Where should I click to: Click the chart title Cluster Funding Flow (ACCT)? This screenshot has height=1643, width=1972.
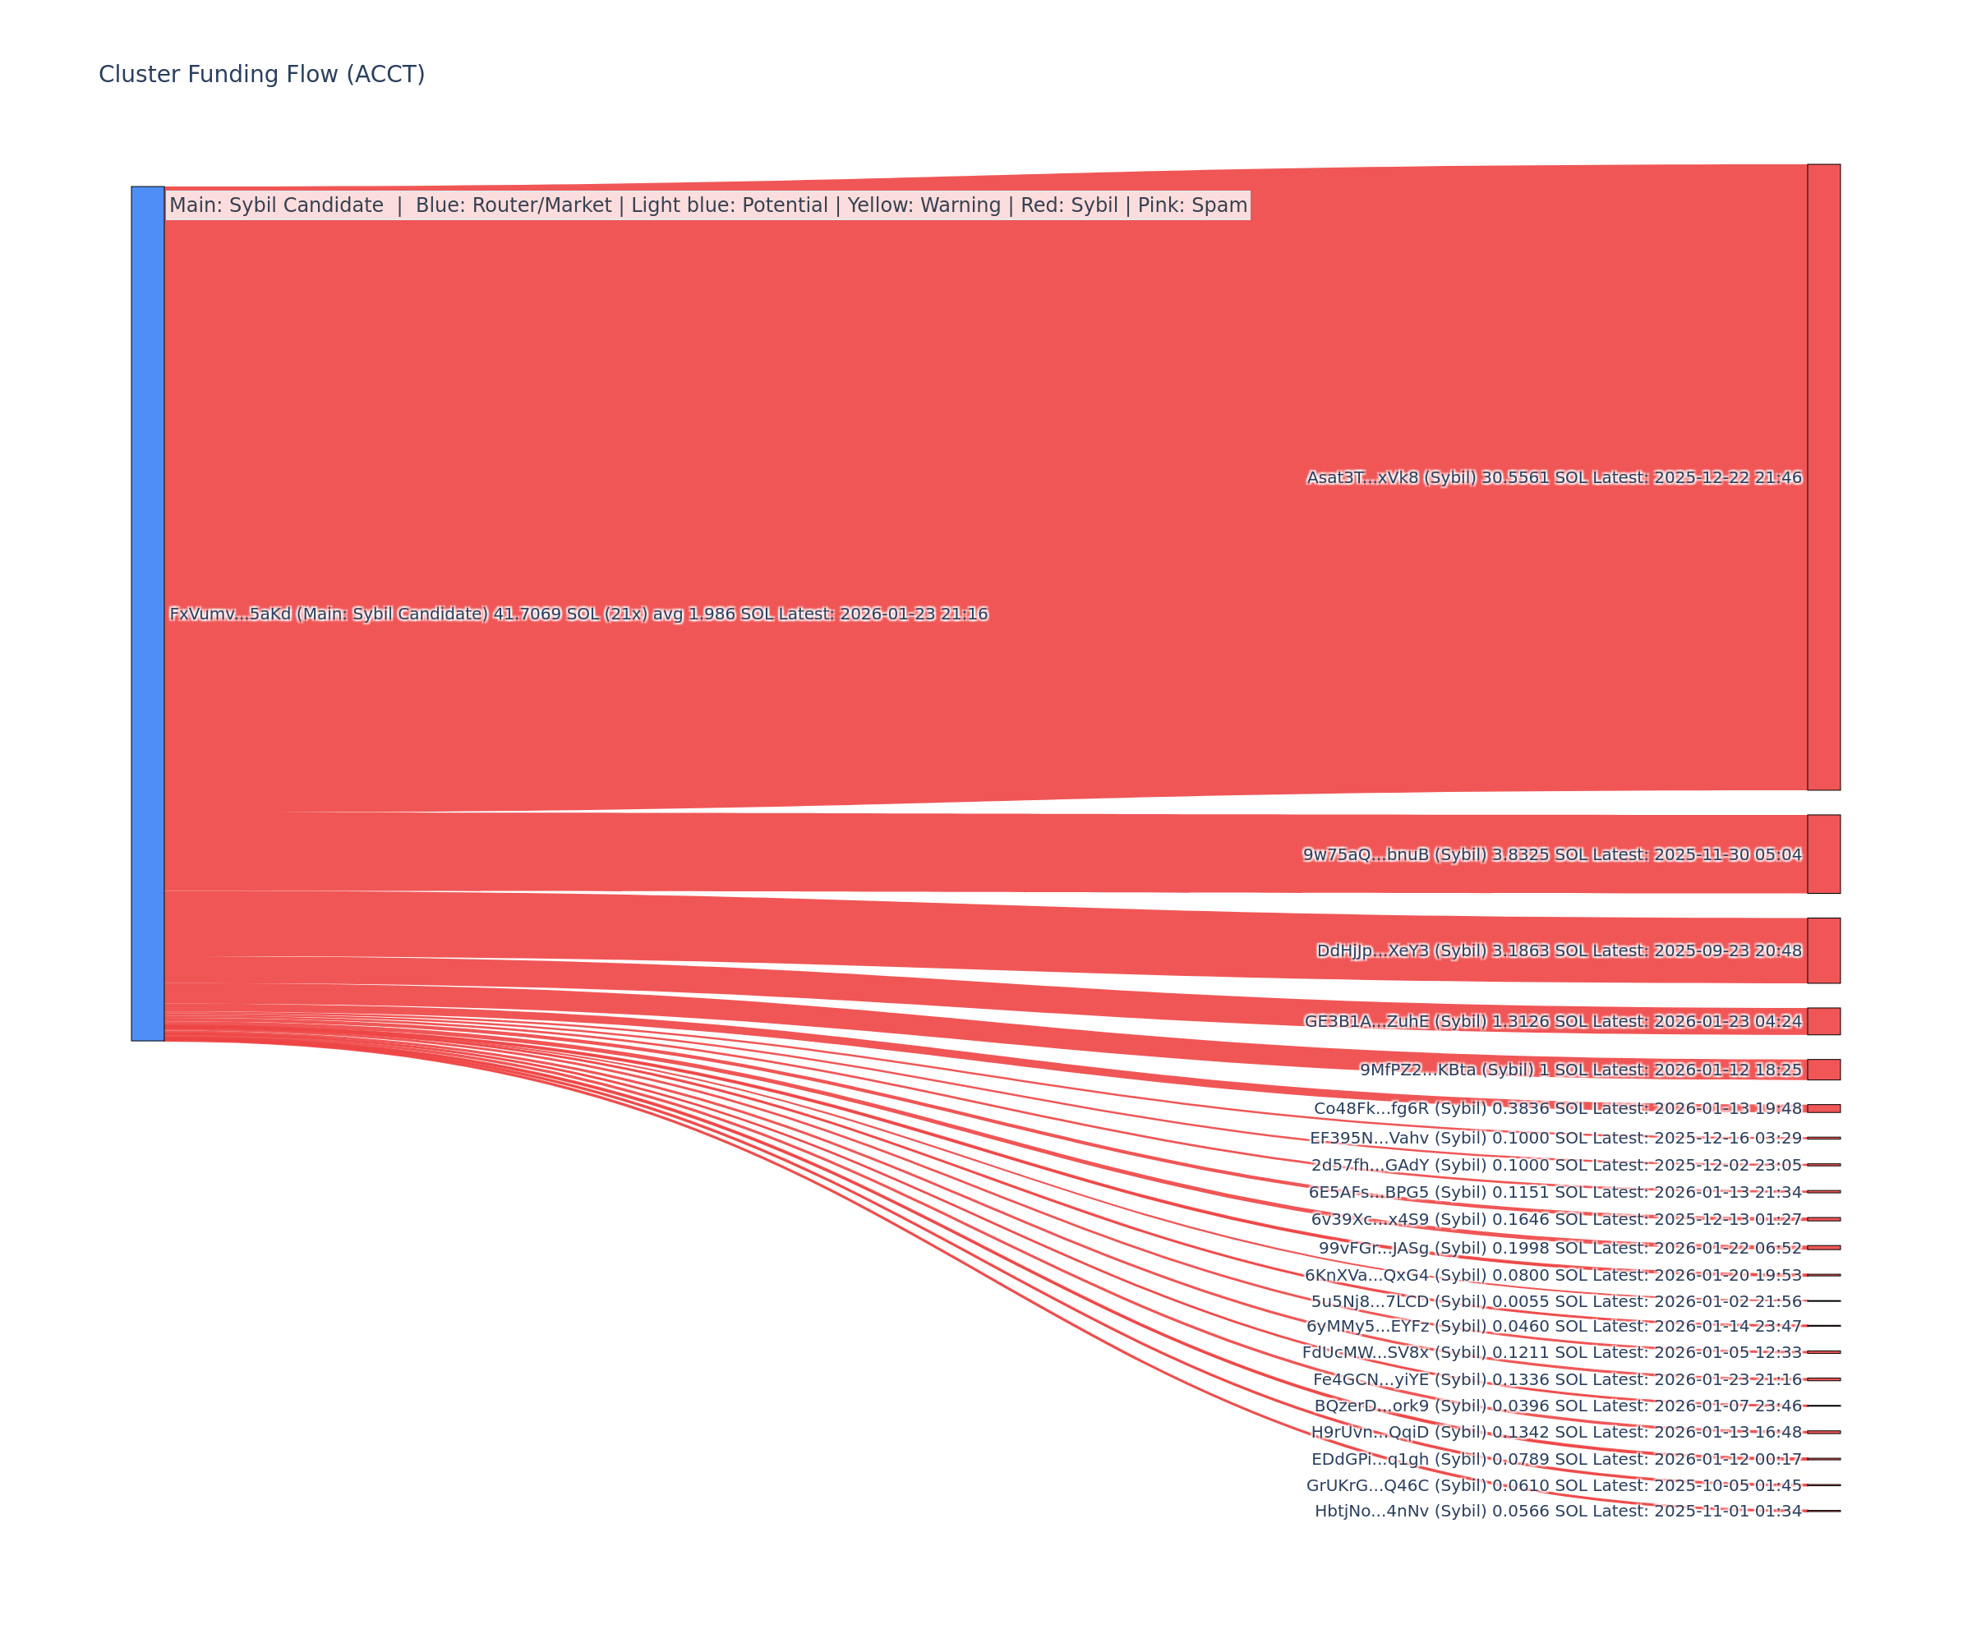(261, 74)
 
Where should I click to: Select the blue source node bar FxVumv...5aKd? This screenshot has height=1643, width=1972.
(147, 613)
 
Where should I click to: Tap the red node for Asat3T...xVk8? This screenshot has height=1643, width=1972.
(1823, 477)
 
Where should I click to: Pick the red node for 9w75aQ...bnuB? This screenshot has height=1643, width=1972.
(1823, 854)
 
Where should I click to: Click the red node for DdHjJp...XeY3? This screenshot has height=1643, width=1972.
(1823, 951)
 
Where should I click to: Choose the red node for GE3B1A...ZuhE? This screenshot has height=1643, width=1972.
(1823, 1021)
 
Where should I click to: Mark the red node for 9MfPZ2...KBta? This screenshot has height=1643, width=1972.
(1823, 1070)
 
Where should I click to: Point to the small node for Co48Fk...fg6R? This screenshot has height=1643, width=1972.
(1823, 1109)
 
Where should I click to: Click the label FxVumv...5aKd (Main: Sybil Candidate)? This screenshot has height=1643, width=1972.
(578, 614)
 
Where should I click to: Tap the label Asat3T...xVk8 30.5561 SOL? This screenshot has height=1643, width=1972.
(1554, 478)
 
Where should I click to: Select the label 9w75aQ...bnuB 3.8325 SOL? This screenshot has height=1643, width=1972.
(1551, 854)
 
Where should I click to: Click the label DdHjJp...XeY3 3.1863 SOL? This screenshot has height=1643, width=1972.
(1559, 951)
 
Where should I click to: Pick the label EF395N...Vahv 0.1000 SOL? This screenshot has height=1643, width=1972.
(1555, 1138)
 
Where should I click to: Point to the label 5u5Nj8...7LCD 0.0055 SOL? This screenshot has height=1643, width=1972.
(1556, 1301)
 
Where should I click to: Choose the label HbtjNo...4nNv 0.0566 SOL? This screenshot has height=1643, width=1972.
(1558, 1511)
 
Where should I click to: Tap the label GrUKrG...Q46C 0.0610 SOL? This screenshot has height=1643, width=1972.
(1554, 1485)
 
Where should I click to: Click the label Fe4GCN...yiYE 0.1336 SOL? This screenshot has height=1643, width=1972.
(1557, 1379)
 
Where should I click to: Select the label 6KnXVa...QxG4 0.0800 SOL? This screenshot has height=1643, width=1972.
(1553, 1275)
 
